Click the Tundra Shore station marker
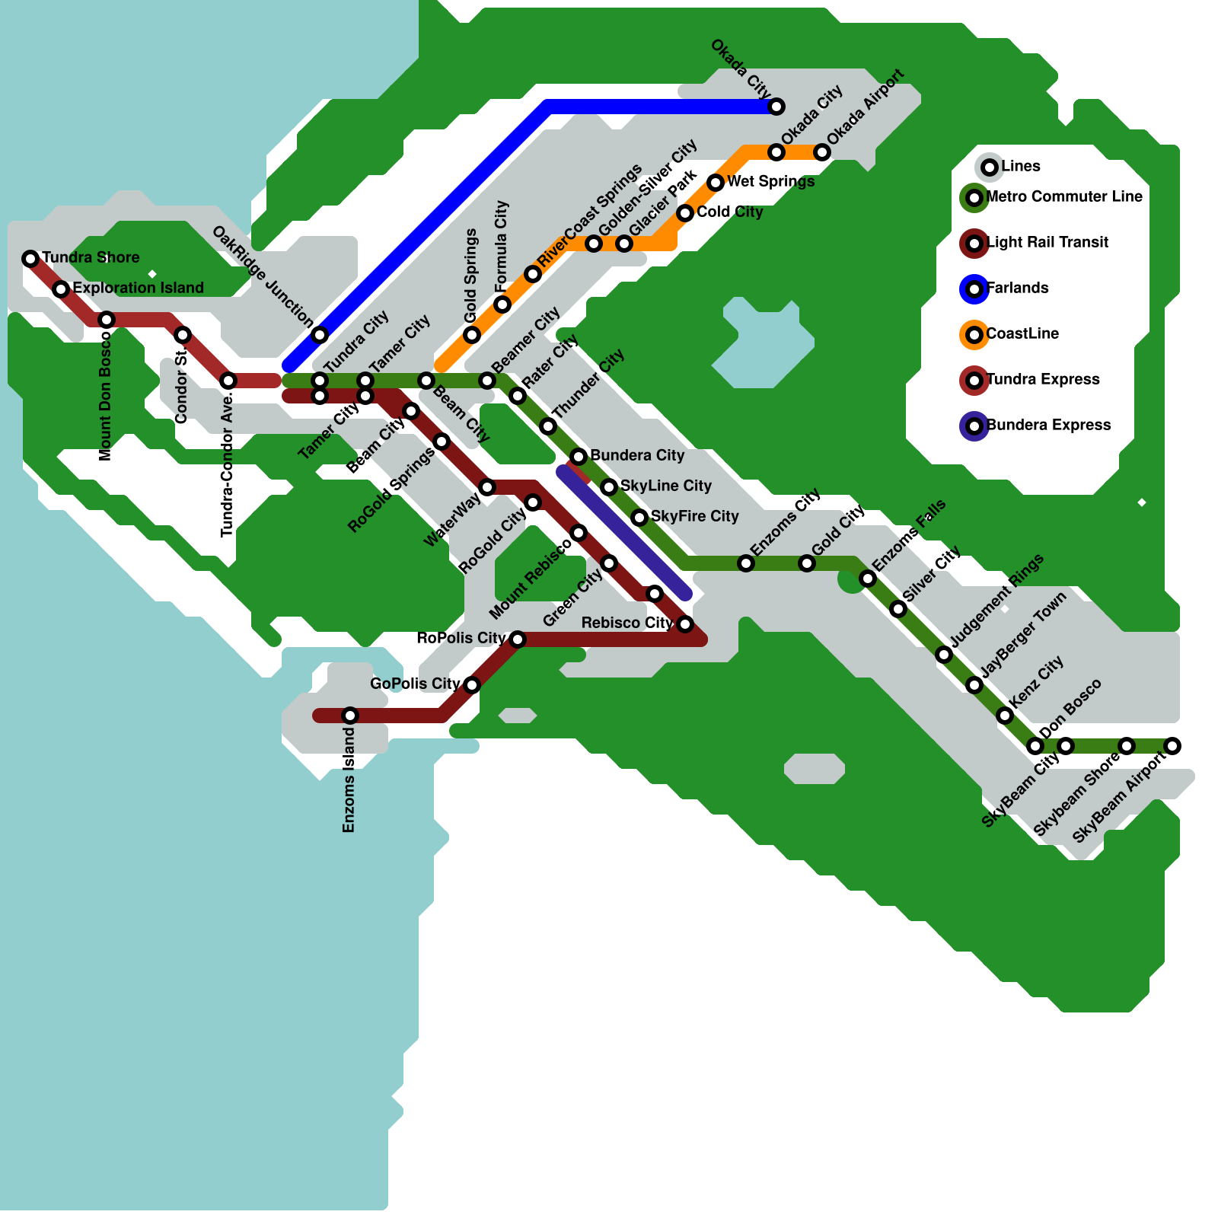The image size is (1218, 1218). click(x=30, y=259)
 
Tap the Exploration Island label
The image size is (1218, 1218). click(x=138, y=288)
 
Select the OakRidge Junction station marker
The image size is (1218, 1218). click(x=320, y=335)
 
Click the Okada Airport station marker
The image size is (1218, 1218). click(x=822, y=152)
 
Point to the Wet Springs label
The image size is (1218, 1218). click(x=770, y=181)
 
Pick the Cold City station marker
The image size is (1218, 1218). click(x=685, y=213)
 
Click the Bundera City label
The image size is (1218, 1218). click(x=637, y=455)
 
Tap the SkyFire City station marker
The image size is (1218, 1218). click(x=639, y=518)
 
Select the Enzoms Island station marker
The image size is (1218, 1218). click(x=350, y=716)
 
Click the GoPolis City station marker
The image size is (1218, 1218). click(x=472, y=685)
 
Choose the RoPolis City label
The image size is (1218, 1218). click(x=461, y=638)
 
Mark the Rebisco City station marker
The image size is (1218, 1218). click(x=685, y=624)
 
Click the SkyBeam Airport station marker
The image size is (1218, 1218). click(x=1172, y=746)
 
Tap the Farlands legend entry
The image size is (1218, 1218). click(x=1017, y=288)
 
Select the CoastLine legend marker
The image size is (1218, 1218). click(x=974, y=335)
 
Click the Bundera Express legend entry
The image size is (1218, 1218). click(x=1047, y=425)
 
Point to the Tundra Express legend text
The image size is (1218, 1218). click(x=1042, y=379)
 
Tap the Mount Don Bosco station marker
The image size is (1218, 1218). click(x=107, y=320)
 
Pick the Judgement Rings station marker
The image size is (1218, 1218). click(x=944, y=655)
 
